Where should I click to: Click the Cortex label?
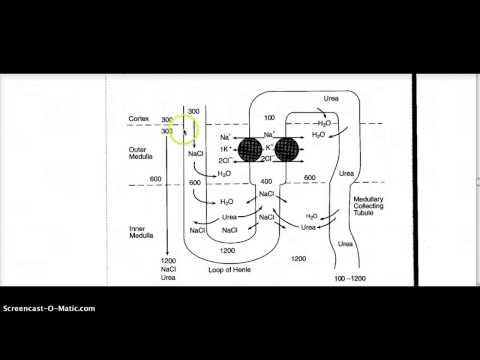point(139,118)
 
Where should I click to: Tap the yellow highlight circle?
point(183,129)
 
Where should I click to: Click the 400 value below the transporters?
point(266,182)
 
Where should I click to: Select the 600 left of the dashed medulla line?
point(155,179)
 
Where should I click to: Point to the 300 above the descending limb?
point(194,110)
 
